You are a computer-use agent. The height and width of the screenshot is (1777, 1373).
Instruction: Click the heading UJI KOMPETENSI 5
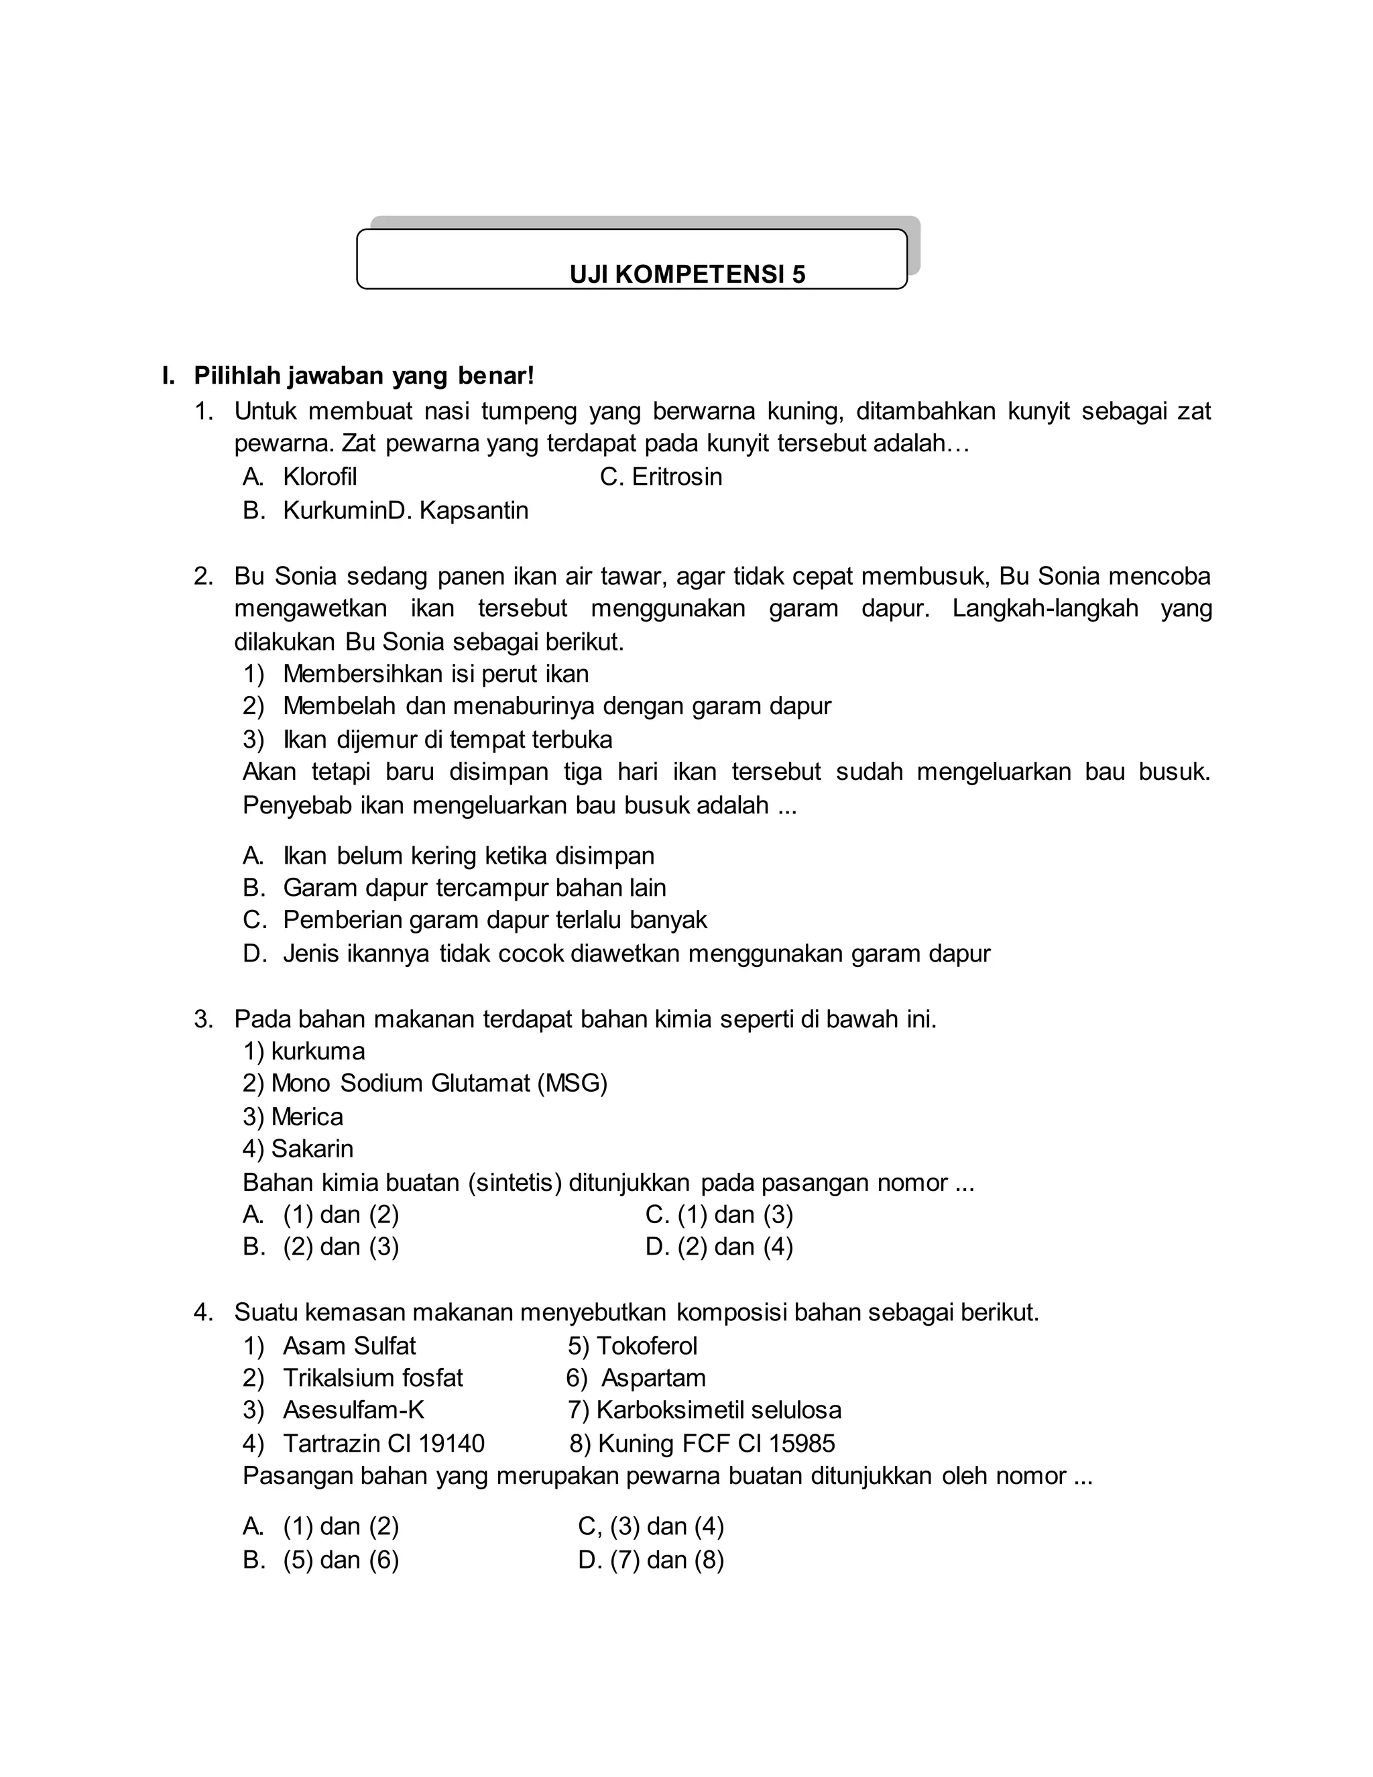pos(687,274)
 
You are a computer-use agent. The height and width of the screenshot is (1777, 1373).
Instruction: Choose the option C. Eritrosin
pos(660,477)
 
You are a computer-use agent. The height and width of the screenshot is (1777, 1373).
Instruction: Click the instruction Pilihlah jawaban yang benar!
pos(363,376)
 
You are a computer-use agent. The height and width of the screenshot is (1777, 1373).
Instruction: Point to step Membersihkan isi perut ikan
pos(435,674)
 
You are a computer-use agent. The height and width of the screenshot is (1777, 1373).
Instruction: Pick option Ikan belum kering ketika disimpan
pos(468,856)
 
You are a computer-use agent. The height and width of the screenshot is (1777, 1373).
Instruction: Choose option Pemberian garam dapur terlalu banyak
pos(495,920)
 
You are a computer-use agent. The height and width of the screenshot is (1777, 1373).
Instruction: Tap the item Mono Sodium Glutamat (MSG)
pos(439,1084)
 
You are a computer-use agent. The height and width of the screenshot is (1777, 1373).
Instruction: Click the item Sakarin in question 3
pos(312,1149)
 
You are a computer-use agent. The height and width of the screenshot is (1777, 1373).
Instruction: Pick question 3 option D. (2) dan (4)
pos(719,1247)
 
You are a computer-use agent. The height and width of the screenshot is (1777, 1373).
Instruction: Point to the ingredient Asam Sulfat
pos(349,1346)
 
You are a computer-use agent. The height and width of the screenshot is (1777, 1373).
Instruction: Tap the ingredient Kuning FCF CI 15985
pos(716,1444)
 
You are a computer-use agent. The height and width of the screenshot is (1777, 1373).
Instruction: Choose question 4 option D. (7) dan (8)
pos(651,1560)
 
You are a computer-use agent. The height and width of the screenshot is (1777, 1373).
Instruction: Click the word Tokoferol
pos(647,1346)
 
